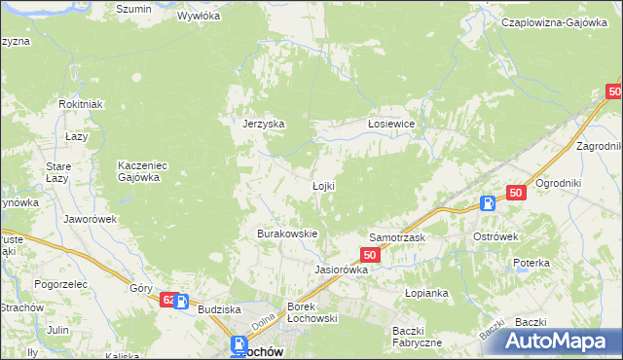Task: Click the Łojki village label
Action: [x=323, y=186]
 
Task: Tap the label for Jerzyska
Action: [x=263, y=124]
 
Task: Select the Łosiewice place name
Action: [x=391, y=124]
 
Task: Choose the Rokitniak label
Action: [x=80, y=104]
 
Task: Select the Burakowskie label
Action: [x=287, y=234]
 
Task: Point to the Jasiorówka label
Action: [x=341, y=270]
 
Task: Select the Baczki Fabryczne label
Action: [x=418, y=337]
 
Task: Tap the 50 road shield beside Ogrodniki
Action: [x=516, y=194]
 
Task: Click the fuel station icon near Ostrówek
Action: [x=488, y=203]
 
